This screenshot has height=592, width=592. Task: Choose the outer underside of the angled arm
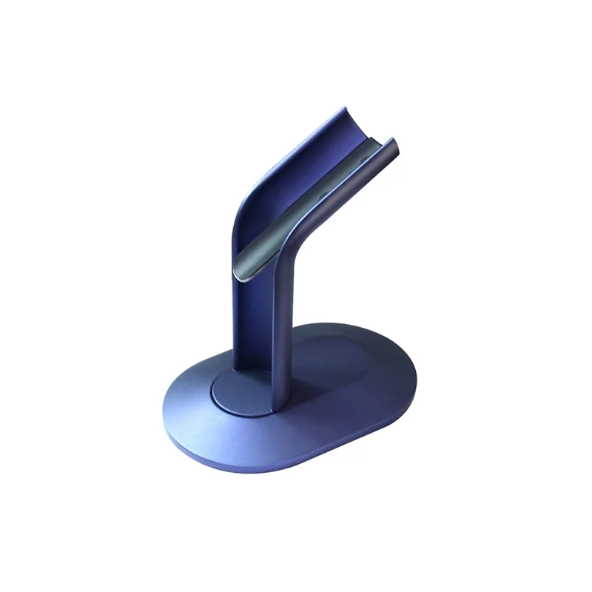348,207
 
